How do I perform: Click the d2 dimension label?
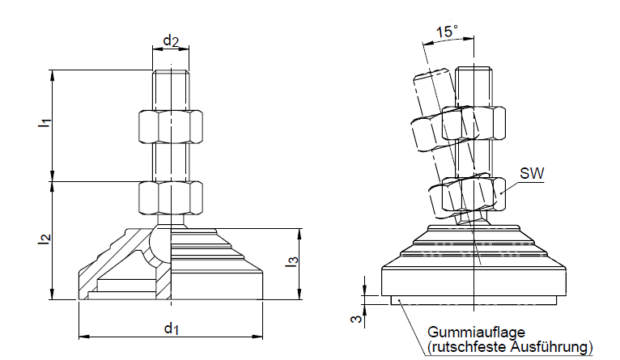click(170, 40)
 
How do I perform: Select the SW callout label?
click(531, 173)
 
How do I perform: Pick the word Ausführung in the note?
click(546, 347)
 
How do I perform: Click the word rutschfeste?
click(461, 347)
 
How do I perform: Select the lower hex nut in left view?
click(170, 197)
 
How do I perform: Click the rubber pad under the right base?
click(474, 302)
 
